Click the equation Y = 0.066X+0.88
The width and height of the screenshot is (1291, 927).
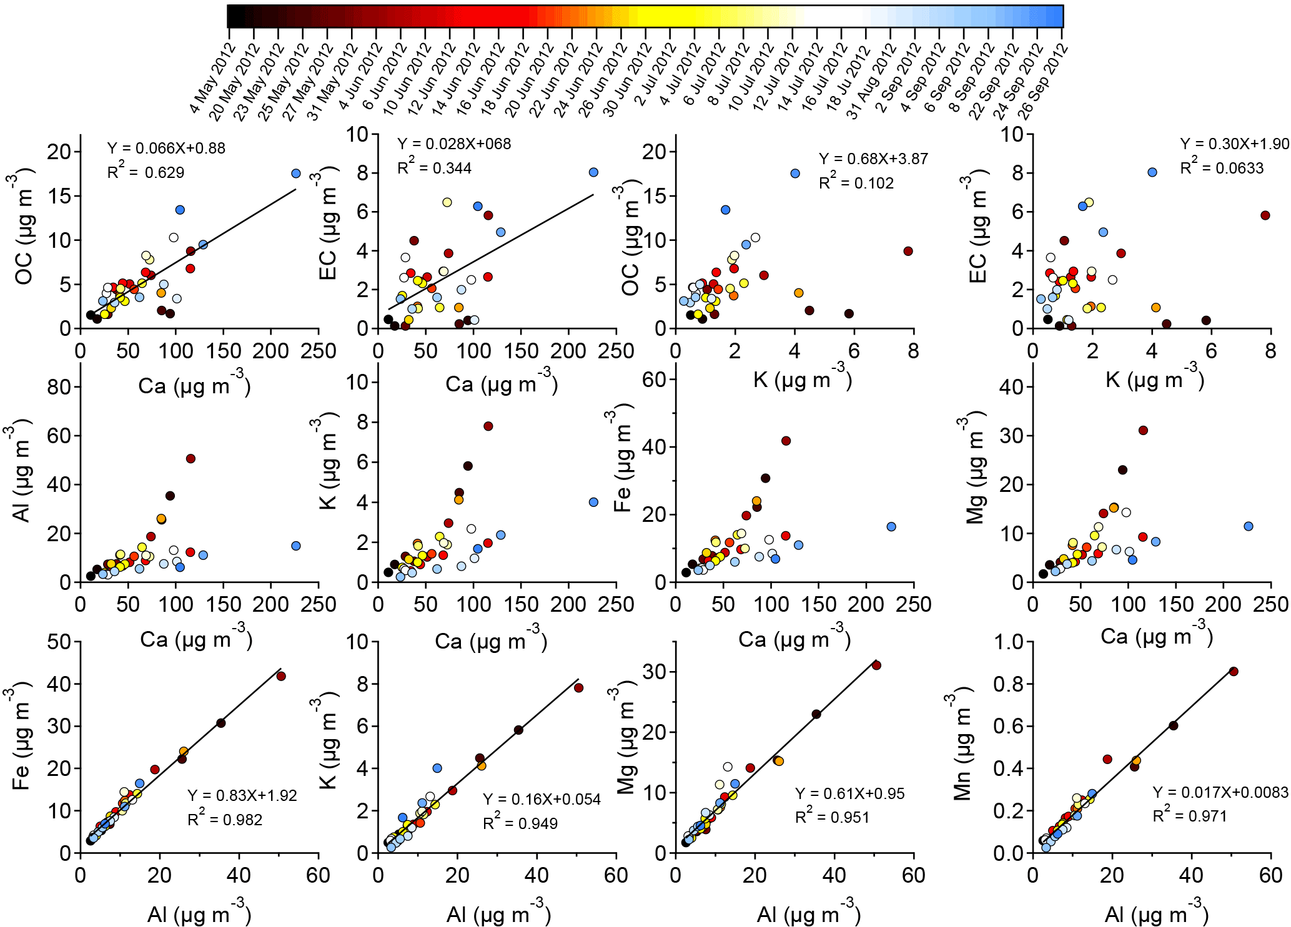[166, 148]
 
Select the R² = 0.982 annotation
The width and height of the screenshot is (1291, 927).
[225, 819]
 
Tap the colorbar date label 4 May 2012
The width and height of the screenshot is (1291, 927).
[212, 79]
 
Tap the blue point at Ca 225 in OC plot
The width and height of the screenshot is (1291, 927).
[296, 174]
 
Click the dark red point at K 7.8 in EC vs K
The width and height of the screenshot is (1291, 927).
[1265, 215]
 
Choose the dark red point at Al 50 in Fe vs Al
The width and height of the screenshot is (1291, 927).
[281, 676]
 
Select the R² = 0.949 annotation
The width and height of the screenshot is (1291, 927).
[520, 823]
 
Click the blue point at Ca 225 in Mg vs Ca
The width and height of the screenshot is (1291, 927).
[1249, 526]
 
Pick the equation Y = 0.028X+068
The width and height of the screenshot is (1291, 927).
[454, 144]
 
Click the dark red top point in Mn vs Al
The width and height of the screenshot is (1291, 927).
[1234, 671]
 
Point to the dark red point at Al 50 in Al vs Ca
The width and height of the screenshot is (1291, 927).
[190, 459]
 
